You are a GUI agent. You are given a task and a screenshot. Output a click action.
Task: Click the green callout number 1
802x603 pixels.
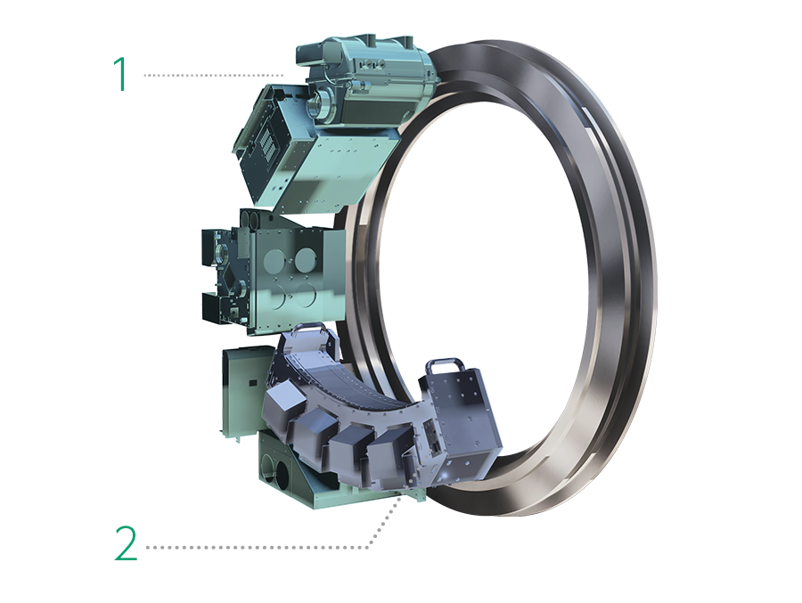point(121,74)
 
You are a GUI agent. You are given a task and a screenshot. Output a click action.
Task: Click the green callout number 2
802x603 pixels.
point(127,542)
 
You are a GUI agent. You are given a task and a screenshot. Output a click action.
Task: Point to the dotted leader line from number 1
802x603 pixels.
point(213,75)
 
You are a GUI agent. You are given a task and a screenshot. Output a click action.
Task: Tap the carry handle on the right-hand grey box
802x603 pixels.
point(444,365)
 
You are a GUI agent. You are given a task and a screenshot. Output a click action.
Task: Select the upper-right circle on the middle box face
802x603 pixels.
point(306,258)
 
